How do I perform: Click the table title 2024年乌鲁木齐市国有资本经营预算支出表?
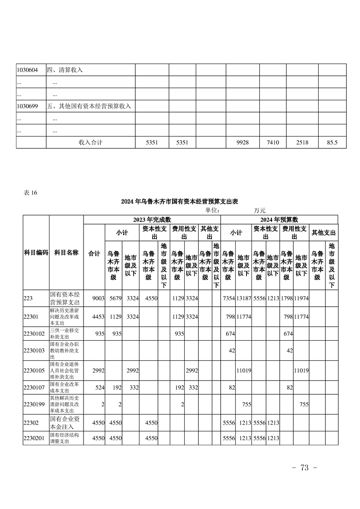tap(180, 201)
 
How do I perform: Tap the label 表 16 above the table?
tap(30, 192)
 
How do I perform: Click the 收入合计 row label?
tap(91, 142)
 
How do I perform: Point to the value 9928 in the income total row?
tap(242, 142)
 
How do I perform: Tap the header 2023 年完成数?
tap(152, 220)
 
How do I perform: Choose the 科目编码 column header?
tap(36, 253)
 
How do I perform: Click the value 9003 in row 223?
tap(99, 298)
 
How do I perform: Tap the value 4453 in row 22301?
tap(99, 316)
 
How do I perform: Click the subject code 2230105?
tap(34, 370)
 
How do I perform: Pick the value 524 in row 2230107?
tap(99, 388)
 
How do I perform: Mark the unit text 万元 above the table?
tap(260, 210)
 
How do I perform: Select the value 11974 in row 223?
tap(302, 298)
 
